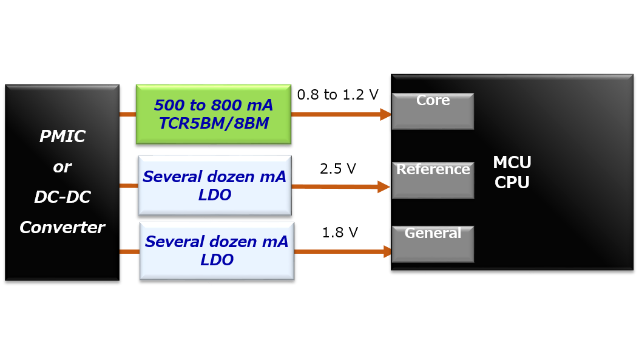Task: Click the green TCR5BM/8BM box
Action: pos(213,114)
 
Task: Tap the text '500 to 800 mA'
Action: pos(213,106)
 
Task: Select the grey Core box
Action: pos(433,112)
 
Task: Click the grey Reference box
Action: pos(433,181)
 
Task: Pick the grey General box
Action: pos(433,245)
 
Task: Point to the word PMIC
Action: pos(62,137)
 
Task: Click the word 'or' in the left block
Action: pos(62,167)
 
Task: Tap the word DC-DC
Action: pos(62,197)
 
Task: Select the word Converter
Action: pos(62,228)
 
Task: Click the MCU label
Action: pos(512,163)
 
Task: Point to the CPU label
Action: pos(512,182)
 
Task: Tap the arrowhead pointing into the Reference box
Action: pos(384,187)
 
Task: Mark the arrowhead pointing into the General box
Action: pos(386,251)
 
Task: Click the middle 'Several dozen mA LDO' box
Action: pos(214,186)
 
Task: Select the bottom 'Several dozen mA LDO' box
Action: pos(217,251)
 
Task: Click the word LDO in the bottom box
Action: pos(217,260)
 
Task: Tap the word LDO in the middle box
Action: pos(214,195)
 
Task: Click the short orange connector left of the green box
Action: pos(127,114)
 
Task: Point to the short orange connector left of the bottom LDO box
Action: pos(129,251)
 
